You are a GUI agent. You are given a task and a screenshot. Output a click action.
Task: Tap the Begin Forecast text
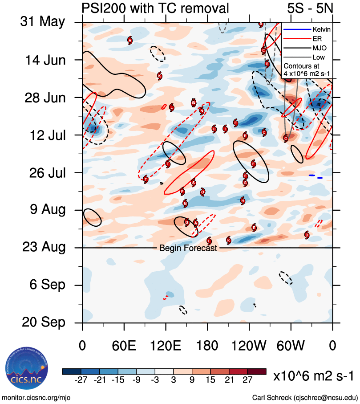click(188, 248)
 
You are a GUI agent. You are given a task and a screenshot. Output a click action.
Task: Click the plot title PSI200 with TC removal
click(155, 8)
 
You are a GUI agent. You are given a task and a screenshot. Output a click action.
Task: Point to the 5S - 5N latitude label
click(310, 8)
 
